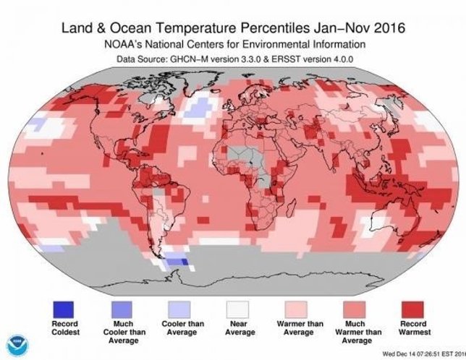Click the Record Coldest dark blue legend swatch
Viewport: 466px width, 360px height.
[x=64, y=309]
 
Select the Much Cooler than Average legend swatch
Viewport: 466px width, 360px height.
[x=122, y=309]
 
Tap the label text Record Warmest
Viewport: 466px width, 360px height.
[x=415, y=328]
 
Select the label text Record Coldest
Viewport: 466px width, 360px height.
[x=64, y=328]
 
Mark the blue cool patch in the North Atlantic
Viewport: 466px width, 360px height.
[x=194, y=108]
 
